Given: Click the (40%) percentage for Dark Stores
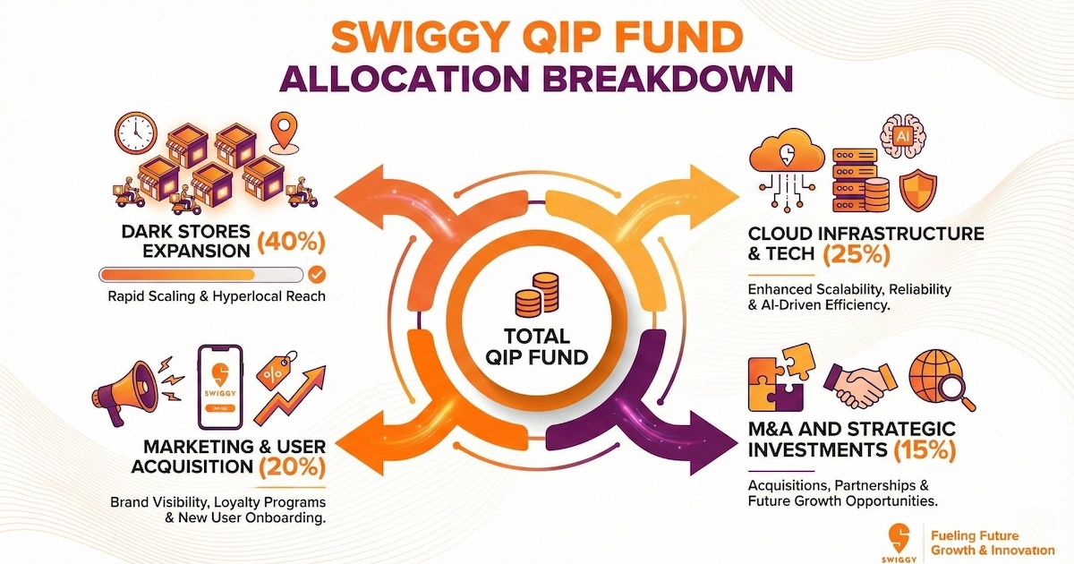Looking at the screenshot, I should [x=290, y=242].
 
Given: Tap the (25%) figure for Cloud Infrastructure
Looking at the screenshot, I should [x=853, y=255].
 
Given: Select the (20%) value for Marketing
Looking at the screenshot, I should [x=291, y=466].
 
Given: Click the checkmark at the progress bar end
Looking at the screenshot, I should [x=316, y=275].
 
